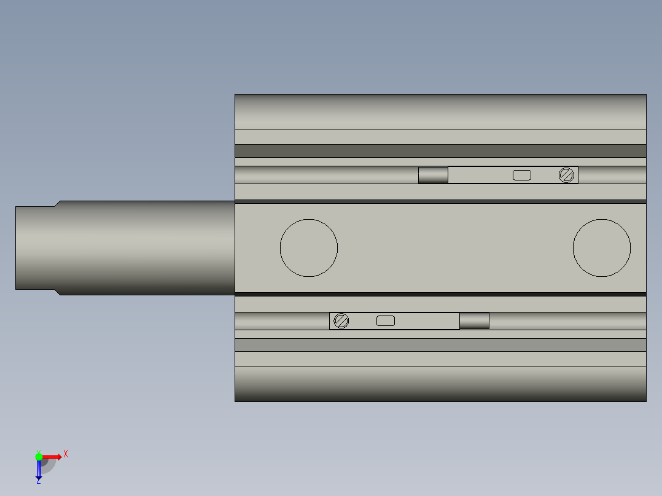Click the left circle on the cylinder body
[308, 248]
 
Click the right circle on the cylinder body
[601, 248]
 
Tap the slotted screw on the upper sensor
[566, 176]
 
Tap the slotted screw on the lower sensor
[341, 320]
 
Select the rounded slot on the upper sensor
[521, 176]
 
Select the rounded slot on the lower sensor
[385, 320]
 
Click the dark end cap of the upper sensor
[433, 176]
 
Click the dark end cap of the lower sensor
[474, 320]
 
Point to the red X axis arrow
[53, 457]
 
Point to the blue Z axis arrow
[39, 470]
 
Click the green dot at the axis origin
[39, 456]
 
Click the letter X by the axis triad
[66, 454]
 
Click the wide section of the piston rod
[147, 248]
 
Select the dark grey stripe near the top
[440, 151]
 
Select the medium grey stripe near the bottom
[440, 345]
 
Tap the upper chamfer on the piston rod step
[57, 203]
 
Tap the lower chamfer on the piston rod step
[57, 292]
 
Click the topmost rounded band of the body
[440, 112]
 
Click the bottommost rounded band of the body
[440, 384]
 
